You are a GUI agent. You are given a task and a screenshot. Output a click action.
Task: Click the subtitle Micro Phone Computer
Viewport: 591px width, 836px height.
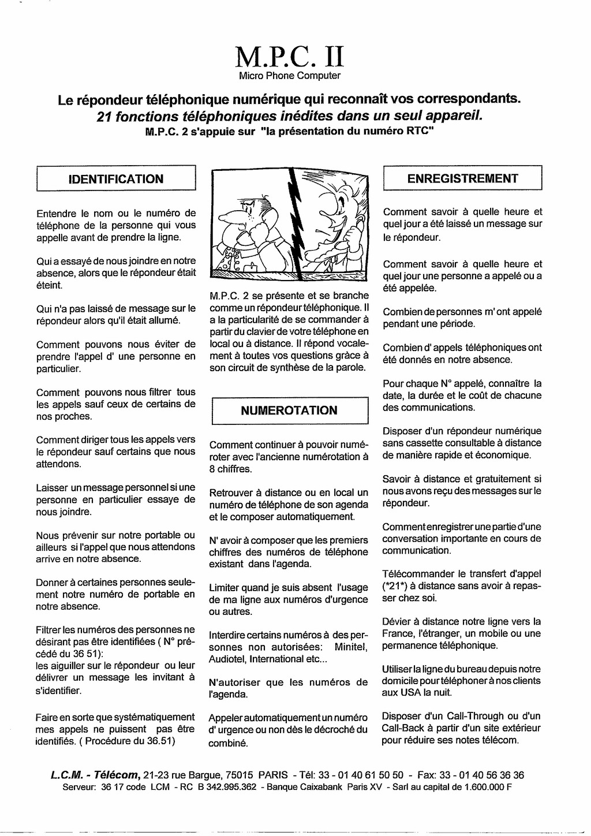pyautogui.click(x=290, y=76)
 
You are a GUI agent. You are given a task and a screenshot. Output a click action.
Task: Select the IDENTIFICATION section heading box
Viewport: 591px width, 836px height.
pyautogui.click(x=116, y=179)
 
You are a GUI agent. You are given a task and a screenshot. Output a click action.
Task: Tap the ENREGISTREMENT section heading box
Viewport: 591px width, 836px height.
pyautogui.click(x=463, y=178)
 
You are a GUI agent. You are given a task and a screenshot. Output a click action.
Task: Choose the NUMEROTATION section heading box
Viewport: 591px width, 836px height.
pyautogui.click(x=289, y=410)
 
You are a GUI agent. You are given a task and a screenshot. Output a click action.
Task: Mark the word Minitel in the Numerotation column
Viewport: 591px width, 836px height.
pyautogui.click(x=351, y=647)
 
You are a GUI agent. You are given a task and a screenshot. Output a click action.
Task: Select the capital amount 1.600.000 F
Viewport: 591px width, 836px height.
pyautogui.click(x=488, y=787)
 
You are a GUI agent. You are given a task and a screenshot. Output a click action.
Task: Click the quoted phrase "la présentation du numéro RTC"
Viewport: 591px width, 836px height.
pyautogui.click(x=347, y=131)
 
